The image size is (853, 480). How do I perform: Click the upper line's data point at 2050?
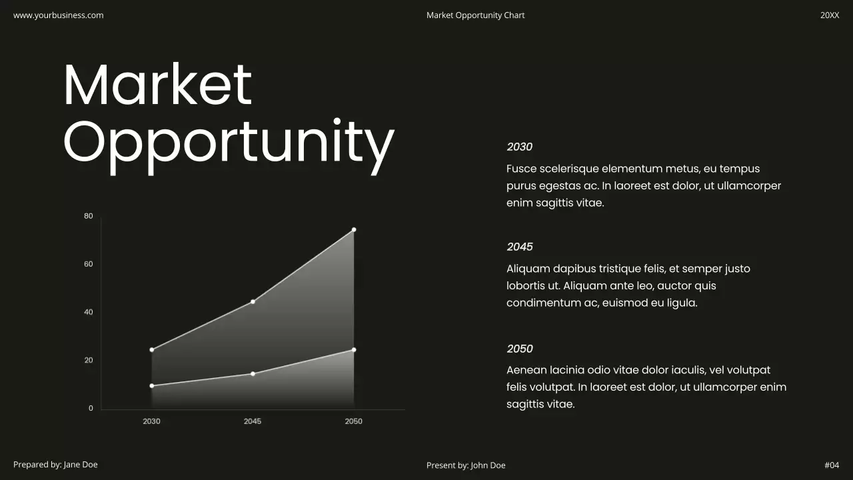click(x=354, y=230)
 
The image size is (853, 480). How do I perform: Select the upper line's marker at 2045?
click(x=253, y=302)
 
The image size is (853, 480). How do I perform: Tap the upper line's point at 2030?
click(x=152, y=350)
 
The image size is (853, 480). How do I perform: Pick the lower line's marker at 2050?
click(x=354, y=350)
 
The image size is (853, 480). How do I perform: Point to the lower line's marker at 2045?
click(x=253, y=374)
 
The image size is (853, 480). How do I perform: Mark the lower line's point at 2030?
click(x=152, y=386)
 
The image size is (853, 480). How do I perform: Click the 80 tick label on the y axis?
click(x=89, y=216)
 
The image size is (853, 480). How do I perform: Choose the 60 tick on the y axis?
click(x=89, y=264)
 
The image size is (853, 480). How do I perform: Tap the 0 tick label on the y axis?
click(x=91, y=408)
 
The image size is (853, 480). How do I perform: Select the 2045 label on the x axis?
click(x=253, y=421)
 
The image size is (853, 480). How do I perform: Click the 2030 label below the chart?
click(x=151, y=421)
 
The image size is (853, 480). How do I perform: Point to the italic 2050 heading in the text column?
click(x=520, y=349)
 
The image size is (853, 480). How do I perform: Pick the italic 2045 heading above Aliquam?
click(x=520, y=247)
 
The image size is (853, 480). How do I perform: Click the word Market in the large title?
click(x=157, y=85)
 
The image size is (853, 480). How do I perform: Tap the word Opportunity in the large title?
click(x=229, y=143)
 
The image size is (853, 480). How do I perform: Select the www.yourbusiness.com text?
click(x=59, y=15)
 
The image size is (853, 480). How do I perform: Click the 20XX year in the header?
click(x=830, y=15)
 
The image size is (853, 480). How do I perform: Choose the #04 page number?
click(x=832, y=465)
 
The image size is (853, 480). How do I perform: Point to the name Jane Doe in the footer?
click(x=81, y=465)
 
